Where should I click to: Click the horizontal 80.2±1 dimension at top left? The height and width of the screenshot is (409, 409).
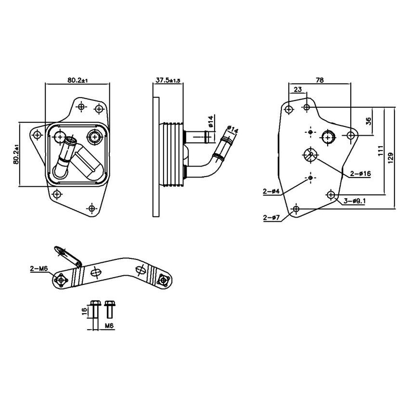click(77, 80)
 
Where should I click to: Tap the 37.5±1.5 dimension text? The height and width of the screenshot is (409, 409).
click(167, 80)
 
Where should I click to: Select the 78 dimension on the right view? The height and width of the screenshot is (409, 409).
click(319, 80)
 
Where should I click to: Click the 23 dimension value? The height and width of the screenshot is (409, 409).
click(297, 89)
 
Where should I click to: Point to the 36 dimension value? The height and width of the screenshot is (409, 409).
click(369, 121)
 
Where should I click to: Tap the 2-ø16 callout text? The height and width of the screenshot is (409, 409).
click(360, 173)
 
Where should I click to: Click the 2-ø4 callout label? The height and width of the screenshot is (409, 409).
click(271, 192)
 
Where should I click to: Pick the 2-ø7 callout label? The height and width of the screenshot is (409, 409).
click(272, 218)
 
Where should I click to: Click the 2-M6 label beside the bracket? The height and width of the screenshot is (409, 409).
click(38, 270)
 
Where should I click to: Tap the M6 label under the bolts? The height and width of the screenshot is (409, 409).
click(109, 326)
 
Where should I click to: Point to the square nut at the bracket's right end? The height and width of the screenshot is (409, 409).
click(164, 280)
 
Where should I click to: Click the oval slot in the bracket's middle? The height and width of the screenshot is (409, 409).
click(96, 273)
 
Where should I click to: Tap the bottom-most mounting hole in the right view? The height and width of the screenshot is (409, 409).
click(296, 209)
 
